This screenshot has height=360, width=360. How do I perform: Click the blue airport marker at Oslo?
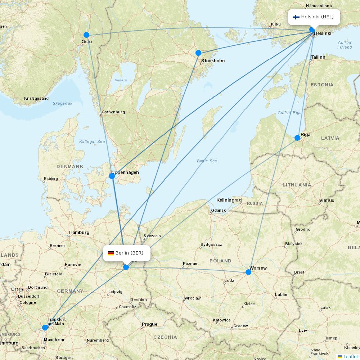(86, 35)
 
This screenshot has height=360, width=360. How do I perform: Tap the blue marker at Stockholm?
(198, 53)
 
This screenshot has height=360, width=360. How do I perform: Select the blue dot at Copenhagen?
(112, 176)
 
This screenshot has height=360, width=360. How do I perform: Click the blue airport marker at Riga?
(297, 138)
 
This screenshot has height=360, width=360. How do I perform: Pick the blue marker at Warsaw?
(248, 272)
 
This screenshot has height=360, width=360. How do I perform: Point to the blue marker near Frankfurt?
(45, 328)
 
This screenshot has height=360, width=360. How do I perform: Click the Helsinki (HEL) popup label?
(314, 17)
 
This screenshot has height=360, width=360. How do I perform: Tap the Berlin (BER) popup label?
(126, 253)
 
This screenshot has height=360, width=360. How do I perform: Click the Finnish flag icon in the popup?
(296, 17)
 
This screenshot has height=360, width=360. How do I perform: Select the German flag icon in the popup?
(111, 253)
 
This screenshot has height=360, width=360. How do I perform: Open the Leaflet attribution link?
(350, 356)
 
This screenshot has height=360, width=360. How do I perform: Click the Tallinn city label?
(318, 57)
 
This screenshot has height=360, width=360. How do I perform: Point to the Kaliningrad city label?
(229, 200)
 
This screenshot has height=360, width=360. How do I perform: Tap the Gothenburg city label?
(113, 112)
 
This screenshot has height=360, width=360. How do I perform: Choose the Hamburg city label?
(79, 233)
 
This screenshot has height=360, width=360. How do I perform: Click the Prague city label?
(149, 324)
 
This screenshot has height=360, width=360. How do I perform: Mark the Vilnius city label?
(327, 201)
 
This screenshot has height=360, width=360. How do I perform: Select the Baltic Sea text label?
(207, 161)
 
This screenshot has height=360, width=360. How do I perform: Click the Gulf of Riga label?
(289, 113)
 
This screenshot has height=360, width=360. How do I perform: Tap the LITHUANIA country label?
(297, 185)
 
